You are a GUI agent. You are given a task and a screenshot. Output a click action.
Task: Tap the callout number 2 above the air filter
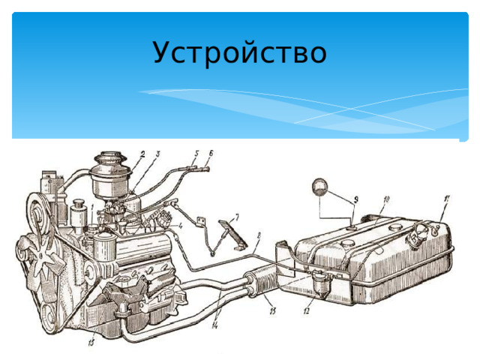tap(142, 153)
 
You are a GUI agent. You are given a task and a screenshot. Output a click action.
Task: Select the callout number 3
tap(158, 154)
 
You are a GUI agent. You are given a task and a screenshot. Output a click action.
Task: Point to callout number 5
tap(196, 153)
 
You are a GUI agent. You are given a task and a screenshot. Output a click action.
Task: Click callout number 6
tap(211, 153)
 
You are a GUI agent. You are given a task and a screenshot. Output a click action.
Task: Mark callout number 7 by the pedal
tap(237, 216)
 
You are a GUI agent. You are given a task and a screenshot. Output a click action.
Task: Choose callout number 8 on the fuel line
tap(258, 235)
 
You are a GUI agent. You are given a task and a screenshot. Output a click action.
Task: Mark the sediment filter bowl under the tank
tap(322, 283)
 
